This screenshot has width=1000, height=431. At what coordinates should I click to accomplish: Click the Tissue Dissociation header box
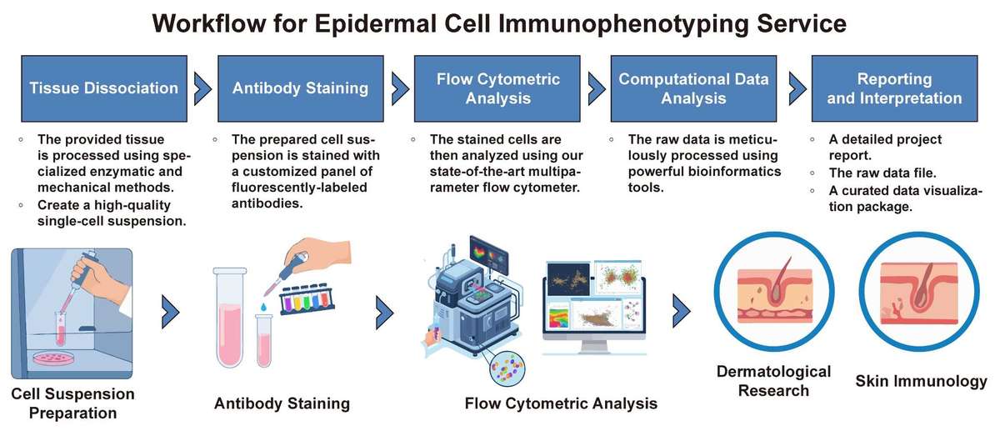coord(103,88)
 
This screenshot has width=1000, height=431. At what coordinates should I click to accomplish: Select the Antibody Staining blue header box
coord(300,88)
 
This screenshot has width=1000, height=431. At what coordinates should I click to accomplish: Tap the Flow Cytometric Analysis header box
coord(498,88)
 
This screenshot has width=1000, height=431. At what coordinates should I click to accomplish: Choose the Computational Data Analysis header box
coord(694,88)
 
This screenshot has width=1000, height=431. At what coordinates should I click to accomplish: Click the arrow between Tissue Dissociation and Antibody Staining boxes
coord(202,87)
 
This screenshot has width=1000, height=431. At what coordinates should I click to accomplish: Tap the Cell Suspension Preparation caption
coord(73,403)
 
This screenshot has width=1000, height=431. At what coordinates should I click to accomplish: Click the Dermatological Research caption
coord(774,380)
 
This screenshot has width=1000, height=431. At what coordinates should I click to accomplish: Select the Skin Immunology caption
coord(921,381)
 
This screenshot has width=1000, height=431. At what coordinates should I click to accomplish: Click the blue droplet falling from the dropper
coord(263,306)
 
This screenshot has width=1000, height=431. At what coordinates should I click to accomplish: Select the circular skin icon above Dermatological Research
coord(774,297)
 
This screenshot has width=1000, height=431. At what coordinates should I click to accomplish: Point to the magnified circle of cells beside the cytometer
coord(507,368)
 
